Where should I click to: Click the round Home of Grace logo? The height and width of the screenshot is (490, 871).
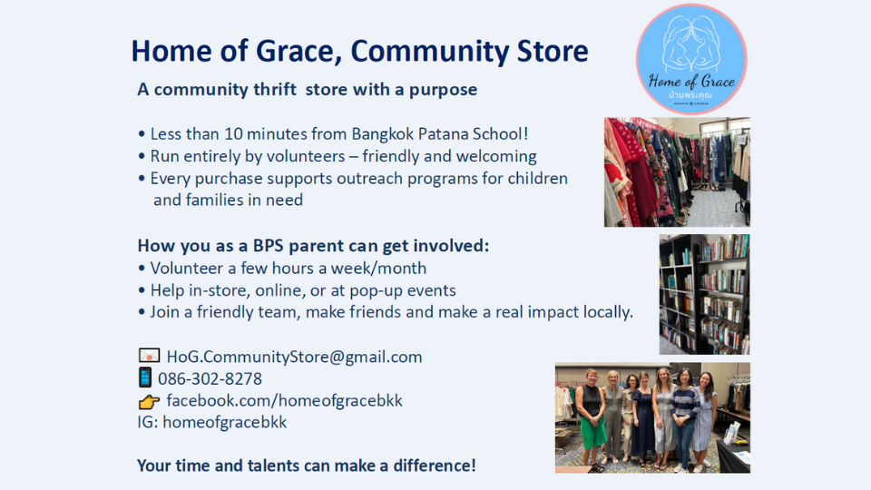click(x=691, y=60)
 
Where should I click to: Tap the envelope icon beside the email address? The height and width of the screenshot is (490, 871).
click(x=149, y=356)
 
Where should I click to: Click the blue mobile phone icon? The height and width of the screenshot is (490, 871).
click(x=145, y=377)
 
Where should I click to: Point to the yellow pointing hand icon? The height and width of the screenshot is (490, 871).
click(x=149, y=401)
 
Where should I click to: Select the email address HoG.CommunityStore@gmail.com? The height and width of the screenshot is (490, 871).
click(x=294, y=357)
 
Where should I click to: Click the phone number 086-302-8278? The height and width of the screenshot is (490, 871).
click(x=210, y=379)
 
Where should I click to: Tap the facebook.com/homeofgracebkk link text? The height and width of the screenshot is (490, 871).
click(x=284, y=400)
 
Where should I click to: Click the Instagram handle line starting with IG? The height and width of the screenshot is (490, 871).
click(x=212, y=422)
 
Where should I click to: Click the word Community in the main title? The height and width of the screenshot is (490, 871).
click(x=429, y=51)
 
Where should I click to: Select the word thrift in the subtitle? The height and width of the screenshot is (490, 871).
click(x=275, y=89)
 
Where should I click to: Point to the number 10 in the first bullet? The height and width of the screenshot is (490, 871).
click(x=233, y=134)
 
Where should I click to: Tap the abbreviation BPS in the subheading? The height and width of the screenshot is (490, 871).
click(x=269, y=246)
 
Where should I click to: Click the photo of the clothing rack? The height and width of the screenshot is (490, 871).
click(x=677, y=172)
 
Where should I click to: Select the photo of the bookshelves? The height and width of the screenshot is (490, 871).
click(x=704, y=294)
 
